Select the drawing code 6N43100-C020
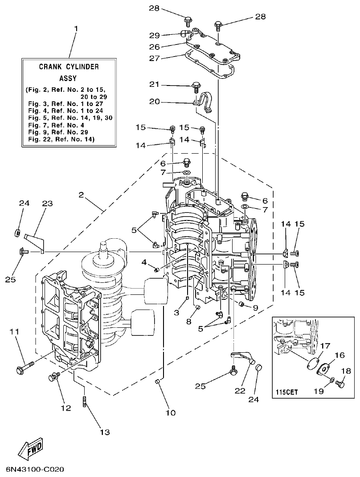tap(35, 469)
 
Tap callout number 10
tap(171, 412)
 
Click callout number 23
tap(47, 204)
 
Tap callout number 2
tap(81, 194)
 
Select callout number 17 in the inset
tap(324, 345)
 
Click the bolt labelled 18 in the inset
tap(341, 382)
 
